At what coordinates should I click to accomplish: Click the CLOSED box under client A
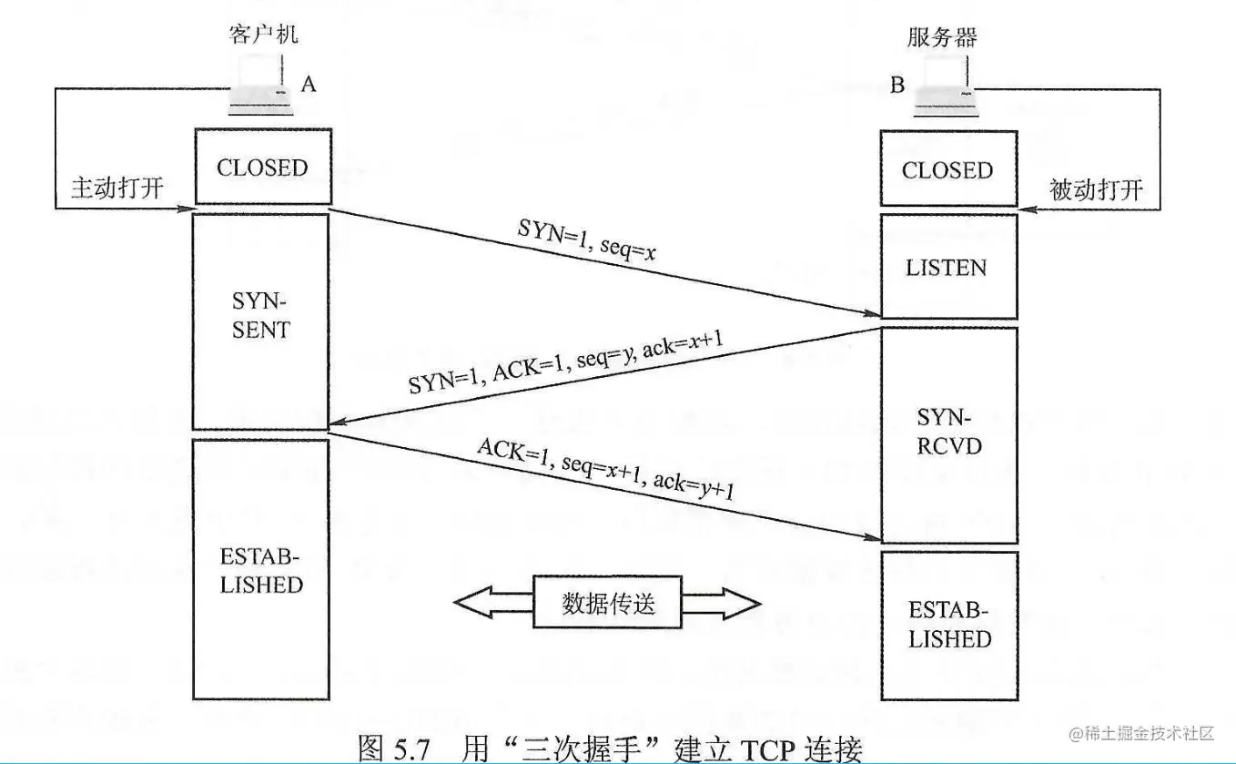[261, 167]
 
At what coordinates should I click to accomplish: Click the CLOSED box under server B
[947, 169]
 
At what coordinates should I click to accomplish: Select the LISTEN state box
[947, 267]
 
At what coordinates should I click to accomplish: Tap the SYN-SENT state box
[261, 320]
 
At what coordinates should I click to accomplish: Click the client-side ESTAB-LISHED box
[261, 569]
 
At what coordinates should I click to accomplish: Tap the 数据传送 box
[608, 602]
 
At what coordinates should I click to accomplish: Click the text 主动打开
[117, 188]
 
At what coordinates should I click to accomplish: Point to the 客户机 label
[260, 36]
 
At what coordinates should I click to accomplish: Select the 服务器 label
[942, 37]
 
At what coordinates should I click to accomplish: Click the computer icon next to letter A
[260, 87]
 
